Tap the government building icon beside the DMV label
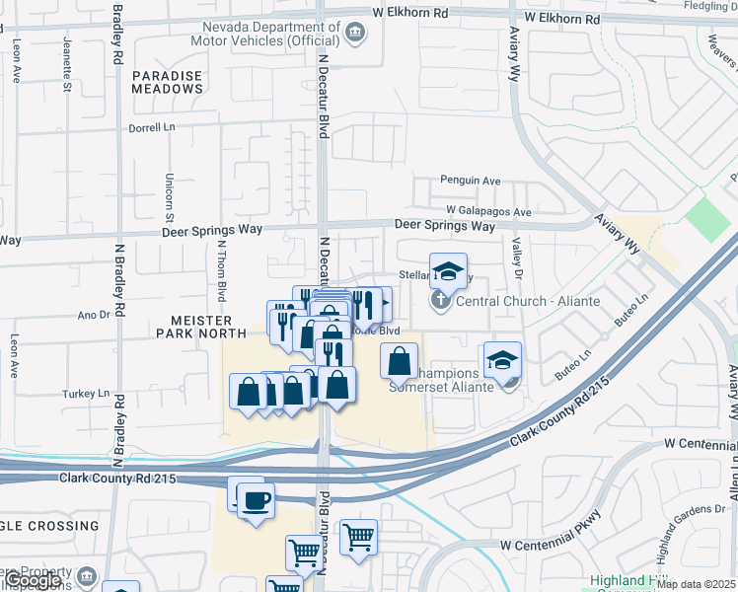click(x=354, y=37)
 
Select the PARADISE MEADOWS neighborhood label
click(x=168, y=82)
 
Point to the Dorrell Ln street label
click(x=151, y=128)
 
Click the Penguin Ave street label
click(x=472, y=182)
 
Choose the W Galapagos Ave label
click(x=488, y=211)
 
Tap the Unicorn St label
click(x=169, y=197)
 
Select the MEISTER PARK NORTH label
click(x=186, y=327)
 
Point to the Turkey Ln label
click(x=85, y=393)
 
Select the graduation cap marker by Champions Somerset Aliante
click(x=502, y=360)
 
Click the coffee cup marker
click(x=256, y=499)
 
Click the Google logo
click(x=33, y=580)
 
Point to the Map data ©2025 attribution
click(x=697, y=584)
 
